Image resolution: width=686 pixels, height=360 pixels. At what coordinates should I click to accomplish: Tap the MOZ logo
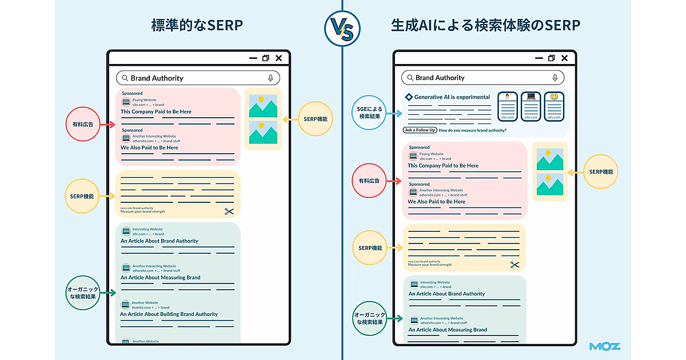[605, 346]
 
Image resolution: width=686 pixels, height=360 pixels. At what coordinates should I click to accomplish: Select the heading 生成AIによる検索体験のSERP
[485, 25]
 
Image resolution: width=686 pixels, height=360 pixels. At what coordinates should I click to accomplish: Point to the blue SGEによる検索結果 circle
[369, 112]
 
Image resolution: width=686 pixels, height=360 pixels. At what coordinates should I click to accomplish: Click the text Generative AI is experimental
[452, 97]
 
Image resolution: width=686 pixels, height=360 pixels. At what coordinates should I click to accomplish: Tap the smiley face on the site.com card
[554, 97]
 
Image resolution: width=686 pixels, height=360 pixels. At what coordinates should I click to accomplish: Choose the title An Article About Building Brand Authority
[169, 314]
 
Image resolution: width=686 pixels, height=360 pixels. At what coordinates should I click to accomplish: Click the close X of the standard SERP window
[278, 58]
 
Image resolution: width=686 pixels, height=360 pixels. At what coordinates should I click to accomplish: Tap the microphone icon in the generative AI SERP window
[555, 78]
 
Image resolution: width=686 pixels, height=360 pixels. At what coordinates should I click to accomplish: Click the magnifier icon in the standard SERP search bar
[125, 78]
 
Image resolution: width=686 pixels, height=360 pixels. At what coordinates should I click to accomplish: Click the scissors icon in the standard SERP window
[229, 211]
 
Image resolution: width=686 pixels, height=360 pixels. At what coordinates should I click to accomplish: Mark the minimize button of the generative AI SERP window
[539, 58]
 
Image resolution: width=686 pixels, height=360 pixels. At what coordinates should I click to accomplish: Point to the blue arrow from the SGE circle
[394, 113]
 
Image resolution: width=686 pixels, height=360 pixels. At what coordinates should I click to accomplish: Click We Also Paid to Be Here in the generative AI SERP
[436, 202]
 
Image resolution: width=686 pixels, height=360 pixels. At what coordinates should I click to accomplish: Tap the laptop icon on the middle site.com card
[531, 97]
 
